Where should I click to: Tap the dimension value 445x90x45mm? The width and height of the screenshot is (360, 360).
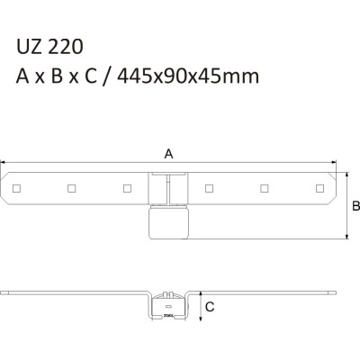[x=193, y=76]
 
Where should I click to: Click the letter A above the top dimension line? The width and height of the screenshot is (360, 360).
[x=169, y=154]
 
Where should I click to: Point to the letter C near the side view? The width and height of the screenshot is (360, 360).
[x=209, y=306]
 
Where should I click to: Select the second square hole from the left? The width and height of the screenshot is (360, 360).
[x=69, y=188]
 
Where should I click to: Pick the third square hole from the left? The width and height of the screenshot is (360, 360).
[x=124, y=188]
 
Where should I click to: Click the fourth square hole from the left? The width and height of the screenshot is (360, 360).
[x=208, y=188]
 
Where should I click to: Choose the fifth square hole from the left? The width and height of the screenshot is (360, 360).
[x=263, y=188]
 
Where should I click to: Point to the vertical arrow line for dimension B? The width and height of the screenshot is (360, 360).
[x=346, y=206]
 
